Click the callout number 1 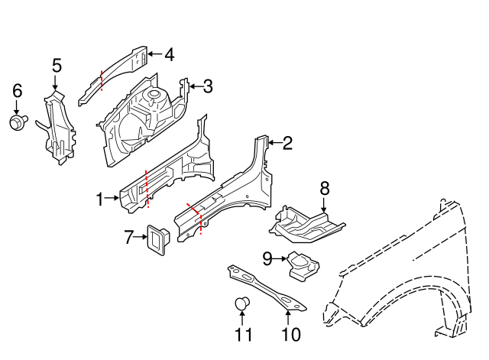click(99, 199)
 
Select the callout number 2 click(287, 143)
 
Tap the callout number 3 click(207, 86)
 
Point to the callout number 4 click(169, 54)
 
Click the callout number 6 click(17, 92)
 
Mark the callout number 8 click(324, 187)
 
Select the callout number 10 click(290, 334)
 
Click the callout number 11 click(243, 334)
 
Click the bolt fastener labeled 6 click(17, 122)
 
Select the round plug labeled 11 click(242, 305)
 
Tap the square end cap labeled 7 click(160, 240)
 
